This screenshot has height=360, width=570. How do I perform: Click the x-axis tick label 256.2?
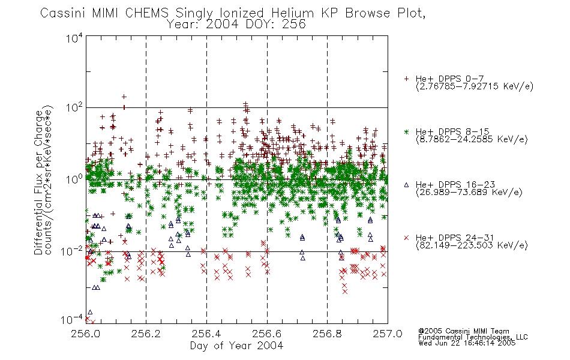146,334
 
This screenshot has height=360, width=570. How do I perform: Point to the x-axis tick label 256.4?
206,334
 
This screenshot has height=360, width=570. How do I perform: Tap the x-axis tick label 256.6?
266,334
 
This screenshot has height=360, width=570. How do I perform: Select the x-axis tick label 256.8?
327,334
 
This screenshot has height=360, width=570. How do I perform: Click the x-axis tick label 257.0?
388,334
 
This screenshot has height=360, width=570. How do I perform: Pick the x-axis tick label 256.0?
85,334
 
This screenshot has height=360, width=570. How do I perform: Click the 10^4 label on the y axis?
74,38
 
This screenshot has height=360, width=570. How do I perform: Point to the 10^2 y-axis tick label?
74,107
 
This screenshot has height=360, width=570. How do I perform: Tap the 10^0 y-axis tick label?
74,179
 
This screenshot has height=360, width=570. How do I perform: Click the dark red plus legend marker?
406,79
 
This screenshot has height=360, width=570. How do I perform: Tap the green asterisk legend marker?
406,131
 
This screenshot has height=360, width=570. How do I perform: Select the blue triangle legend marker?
406,185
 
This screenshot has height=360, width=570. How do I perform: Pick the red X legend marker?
406,238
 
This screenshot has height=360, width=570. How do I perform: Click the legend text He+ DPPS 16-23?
455,185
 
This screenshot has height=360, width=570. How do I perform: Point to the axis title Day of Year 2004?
236,346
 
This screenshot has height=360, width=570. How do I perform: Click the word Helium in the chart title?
292,13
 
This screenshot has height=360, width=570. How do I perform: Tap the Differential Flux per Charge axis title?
38,182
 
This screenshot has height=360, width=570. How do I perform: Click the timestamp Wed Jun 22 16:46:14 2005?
467,343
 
